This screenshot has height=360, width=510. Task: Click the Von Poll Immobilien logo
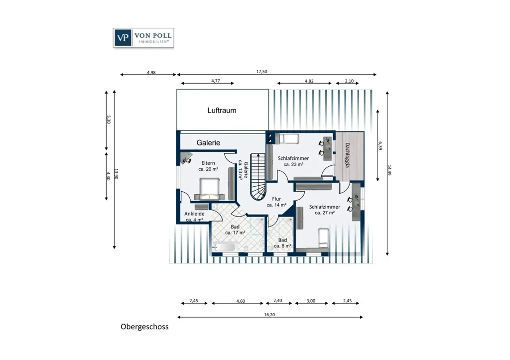tap(143, 38)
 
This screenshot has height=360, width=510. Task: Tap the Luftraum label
tap(222, 111)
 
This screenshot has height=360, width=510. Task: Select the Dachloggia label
tap(347, 155)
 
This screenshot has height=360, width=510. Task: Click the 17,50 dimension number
tap(261, 72)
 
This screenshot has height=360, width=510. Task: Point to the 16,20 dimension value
tap(269, 315)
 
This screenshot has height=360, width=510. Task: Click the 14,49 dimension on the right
tap(389, 170)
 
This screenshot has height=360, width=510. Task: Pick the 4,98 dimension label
tap(151, 73)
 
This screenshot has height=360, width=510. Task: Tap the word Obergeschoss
tap(145, 327)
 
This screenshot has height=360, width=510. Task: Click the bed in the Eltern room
tap(210, 189)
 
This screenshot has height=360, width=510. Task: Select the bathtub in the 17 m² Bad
tap(224, 247)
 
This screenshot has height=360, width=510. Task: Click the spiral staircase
tap(258, 177)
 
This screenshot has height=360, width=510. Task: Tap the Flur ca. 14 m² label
tap(276, 202)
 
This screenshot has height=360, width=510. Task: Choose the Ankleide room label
tap(195, 217)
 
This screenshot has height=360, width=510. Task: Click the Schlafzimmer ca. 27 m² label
tap(325, 210)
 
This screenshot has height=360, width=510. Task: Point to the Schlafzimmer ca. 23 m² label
tap(293, 161)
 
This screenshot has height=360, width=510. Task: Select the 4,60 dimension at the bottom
tap(241, 301)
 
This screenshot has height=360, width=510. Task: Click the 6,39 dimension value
tap(380, 145)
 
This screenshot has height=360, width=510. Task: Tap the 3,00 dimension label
tap(311, 301)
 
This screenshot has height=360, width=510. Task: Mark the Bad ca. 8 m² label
tap(282, 243)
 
